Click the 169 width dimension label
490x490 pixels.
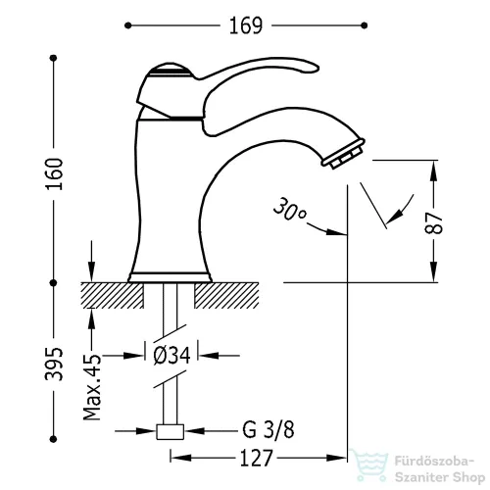pos(246,25)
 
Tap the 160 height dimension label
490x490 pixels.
pos(54,173)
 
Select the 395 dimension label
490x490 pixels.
pos(54,364)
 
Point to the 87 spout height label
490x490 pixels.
pos(434,222)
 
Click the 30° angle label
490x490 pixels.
pos(289,209)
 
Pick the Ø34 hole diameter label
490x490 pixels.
pos(171,355)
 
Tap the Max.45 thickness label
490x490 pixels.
pos(92,386)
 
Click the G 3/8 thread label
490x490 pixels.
pos(269,430)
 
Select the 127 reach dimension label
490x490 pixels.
pos(256,458)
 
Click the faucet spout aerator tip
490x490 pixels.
pos(344,154)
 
